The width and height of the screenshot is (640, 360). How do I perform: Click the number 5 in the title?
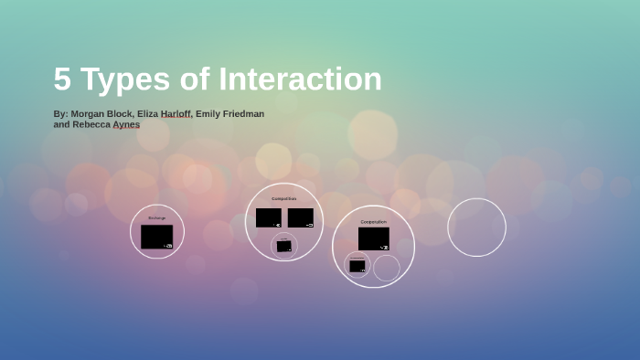point(62,79)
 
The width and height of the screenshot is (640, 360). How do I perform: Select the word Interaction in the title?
point(300,79)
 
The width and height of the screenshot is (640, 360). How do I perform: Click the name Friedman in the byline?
point(241,114)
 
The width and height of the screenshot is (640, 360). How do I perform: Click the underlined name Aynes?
point(126,124)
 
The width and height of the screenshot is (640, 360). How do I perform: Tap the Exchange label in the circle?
point(157,217)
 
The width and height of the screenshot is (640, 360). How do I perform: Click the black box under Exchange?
point(156,237)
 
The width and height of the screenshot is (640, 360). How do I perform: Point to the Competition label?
point(284,198)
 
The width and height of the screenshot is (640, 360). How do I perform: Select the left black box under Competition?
point(269,217)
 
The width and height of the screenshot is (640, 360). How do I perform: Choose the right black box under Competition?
point(301,217)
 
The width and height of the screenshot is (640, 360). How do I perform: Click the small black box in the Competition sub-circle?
point(284,246)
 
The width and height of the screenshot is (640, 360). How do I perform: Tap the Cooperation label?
point(373,221)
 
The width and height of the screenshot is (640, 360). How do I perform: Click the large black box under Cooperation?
point(373,238)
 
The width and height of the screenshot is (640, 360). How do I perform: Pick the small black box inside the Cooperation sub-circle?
point(357,266)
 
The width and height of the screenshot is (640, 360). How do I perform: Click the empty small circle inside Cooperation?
point(387,268)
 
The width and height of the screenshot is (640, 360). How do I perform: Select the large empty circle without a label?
point(476,228)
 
